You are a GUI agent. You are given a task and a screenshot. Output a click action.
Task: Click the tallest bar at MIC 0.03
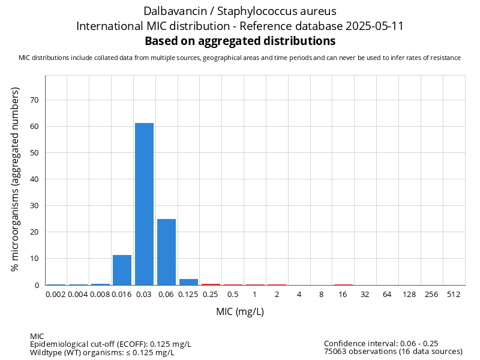(144, 204)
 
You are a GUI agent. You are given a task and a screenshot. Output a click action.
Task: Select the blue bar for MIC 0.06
(166, 252)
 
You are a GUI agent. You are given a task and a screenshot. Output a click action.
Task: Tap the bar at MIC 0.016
(122, 270)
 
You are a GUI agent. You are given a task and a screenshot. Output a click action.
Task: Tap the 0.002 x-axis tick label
(56, 295)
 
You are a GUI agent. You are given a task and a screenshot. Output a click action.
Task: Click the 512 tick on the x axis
(454, 295)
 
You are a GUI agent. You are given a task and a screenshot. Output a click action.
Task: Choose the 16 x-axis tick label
(343, 295)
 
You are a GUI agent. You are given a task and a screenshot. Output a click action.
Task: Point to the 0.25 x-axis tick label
(211, 295)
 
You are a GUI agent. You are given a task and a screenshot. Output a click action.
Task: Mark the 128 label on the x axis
(409, 295)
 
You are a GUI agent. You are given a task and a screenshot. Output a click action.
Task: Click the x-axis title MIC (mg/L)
(240, 312)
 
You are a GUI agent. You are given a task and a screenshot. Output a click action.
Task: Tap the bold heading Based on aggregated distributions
(240, 41)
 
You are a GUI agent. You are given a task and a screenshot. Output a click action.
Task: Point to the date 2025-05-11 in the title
(372, 26)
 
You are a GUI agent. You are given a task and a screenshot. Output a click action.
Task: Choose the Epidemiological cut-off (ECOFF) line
(110, 344)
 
